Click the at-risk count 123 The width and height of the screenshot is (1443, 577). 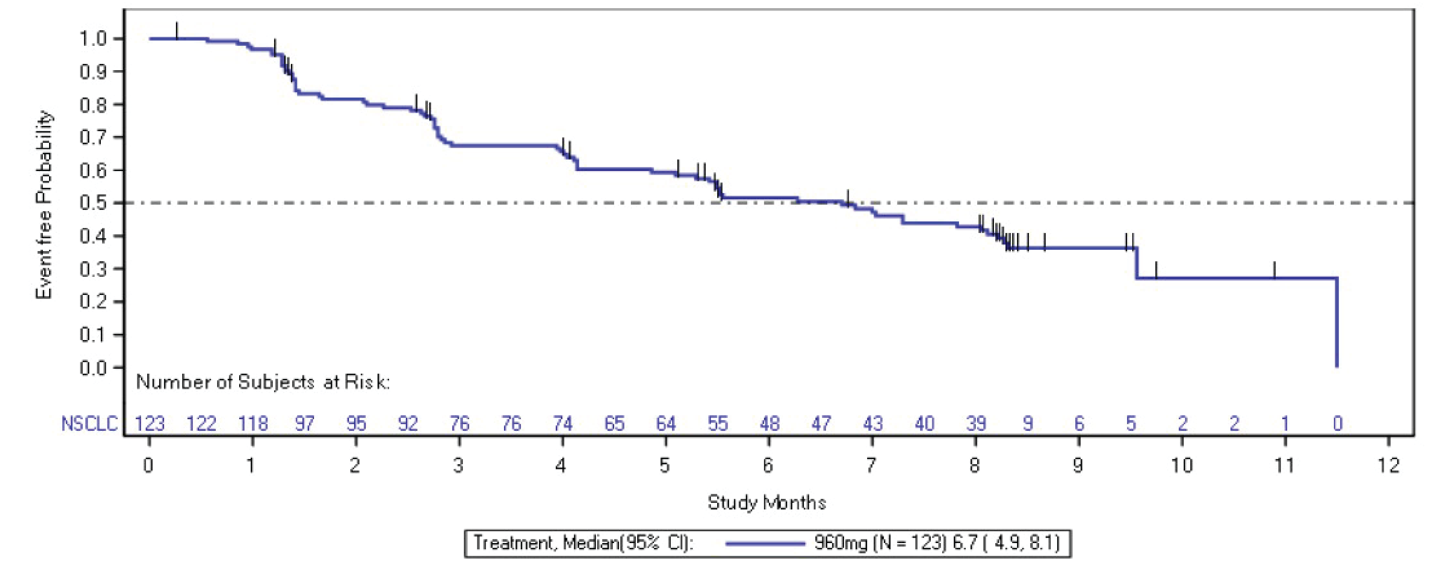(150, 423)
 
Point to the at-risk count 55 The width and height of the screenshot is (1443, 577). (718, 423)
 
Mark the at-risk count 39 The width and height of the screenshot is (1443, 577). (976, 423)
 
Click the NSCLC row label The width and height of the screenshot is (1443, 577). (90, 423)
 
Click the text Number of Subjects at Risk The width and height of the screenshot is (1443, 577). (262, 382)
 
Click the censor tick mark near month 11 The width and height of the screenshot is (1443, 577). (1274, 270)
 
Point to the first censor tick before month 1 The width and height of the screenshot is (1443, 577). (177, 31)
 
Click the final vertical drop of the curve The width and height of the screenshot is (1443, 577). (1337, 322)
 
